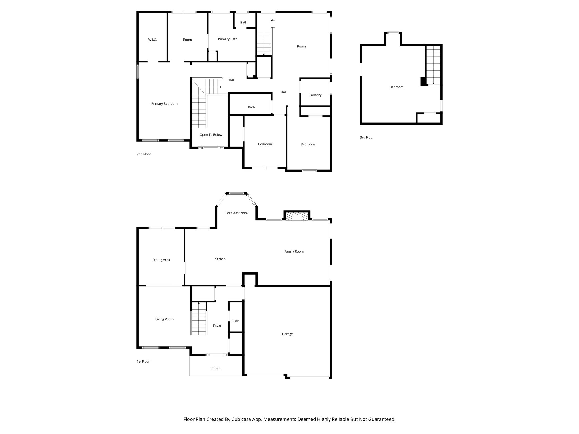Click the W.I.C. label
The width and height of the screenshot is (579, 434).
click(152, 40)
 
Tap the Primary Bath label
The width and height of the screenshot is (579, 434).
click(227, 39)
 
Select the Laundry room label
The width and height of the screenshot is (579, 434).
click(315, 95)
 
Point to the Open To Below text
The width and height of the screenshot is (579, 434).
click(211, 135)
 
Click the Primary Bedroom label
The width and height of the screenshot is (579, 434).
click(164, 104)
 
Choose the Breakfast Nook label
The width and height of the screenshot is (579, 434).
click(237, 213)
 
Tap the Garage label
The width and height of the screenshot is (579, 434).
click(287, 334)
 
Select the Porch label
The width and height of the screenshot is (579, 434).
click(216, 369)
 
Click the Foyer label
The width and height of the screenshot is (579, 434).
click(217, 326)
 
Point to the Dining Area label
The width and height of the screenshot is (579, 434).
click(161, 260)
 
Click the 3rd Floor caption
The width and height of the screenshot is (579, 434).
click(367, 138)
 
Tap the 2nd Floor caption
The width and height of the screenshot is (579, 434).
click(144, 154)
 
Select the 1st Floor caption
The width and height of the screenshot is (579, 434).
click(143, 361)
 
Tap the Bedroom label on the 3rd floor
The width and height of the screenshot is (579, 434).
click(396, 87)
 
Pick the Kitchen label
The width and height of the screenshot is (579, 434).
click(220, 259)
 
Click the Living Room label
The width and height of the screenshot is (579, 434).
click(164, 319)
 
